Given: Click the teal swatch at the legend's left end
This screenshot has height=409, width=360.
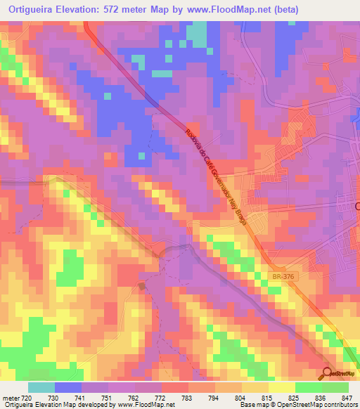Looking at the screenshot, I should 41,387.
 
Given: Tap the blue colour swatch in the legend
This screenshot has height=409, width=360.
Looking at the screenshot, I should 67,387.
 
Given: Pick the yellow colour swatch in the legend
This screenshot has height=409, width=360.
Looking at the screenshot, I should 281,387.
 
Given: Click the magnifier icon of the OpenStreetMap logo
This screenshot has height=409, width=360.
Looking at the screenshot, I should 328,372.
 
